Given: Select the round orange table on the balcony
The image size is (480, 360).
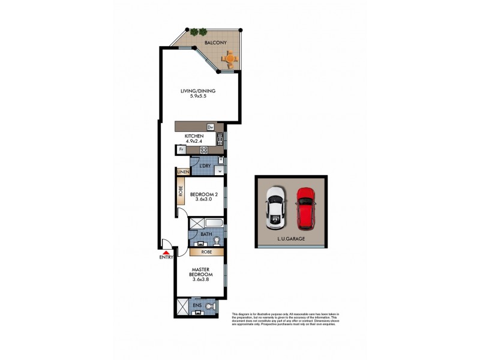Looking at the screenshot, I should click(x=230, y=58).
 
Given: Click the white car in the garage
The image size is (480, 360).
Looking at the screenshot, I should click(x=275, y=207).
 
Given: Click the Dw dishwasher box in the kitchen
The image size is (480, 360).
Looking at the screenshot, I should click(x=211, y=127).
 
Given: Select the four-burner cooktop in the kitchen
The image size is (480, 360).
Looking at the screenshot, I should click(x=204, y=150).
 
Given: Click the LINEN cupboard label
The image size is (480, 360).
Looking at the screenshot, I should click(x=183, y=172).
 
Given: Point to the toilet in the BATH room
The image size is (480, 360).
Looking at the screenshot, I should click(x=217, y=241).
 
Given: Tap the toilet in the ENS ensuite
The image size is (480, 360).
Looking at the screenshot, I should click(x=209, y=307).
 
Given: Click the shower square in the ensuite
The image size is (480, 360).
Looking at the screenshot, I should click(x=183, y=307).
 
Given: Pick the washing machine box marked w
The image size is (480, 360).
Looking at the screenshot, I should click(x=220, y=170).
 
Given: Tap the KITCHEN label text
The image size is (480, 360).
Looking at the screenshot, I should click(x=194, y=137).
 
